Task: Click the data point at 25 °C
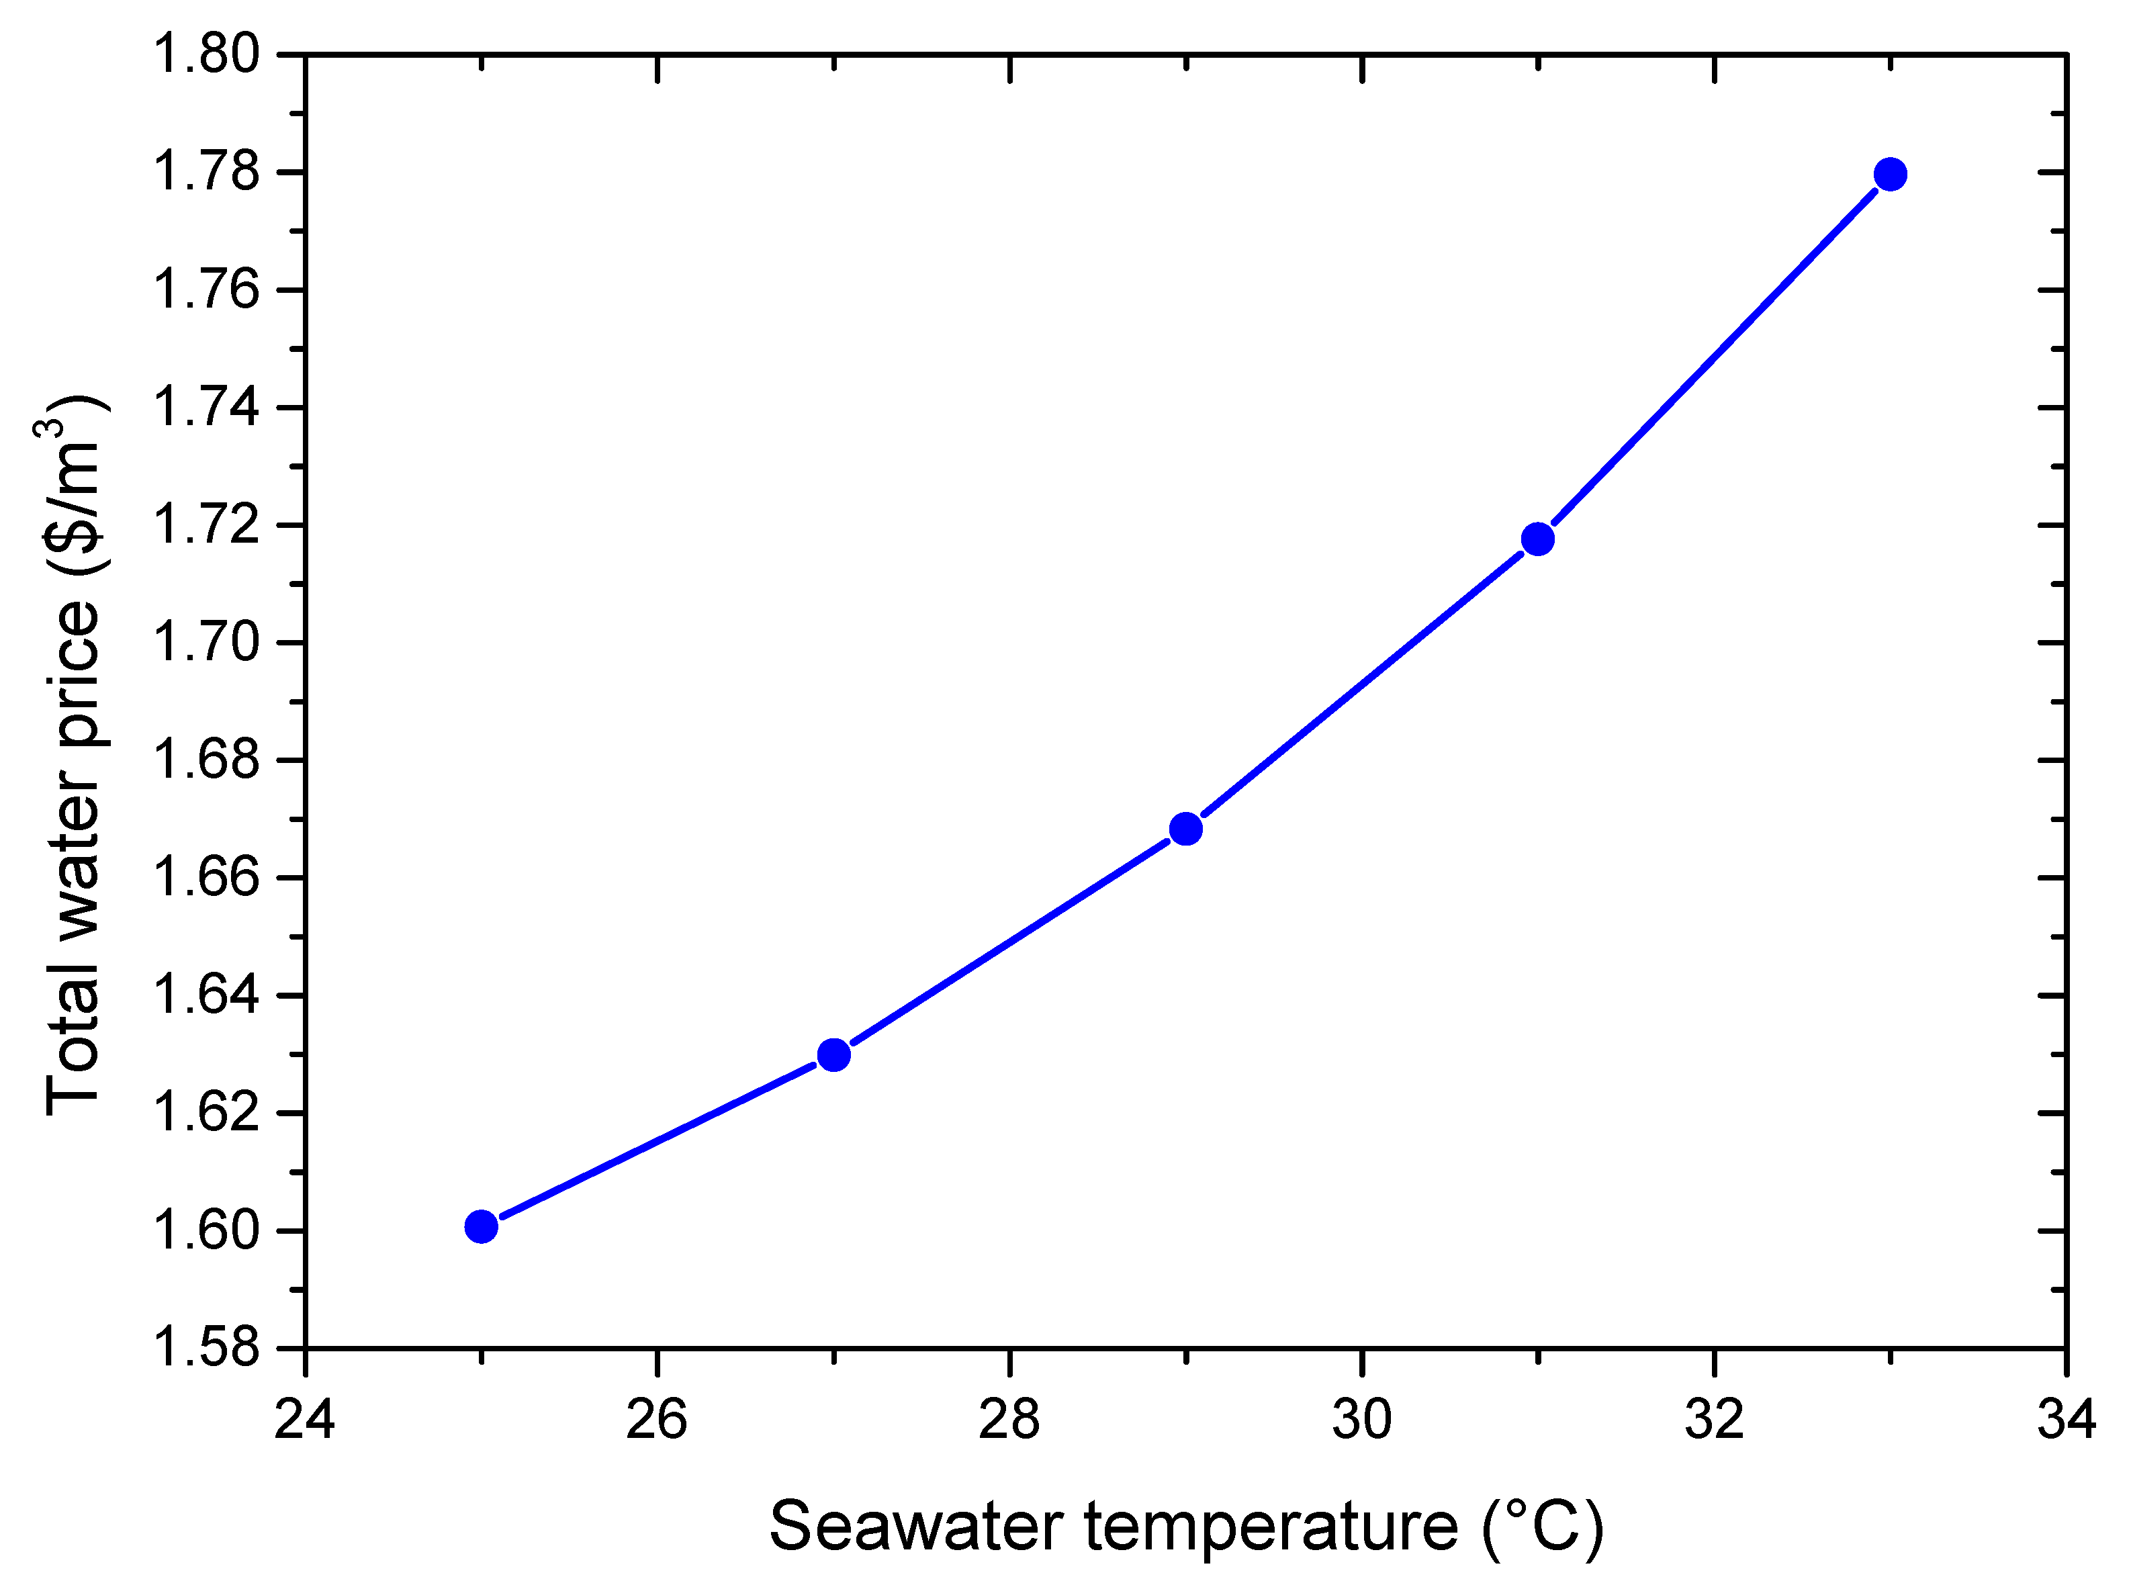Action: pyautogui.click(x=481, y=1226)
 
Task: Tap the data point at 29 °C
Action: pyautogui.click(x=1186, y=829)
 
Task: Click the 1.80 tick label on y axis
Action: pyautogui.click(x=207, y=54)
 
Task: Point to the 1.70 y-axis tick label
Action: pyautogui.click(x=207, y=642)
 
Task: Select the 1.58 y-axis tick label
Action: pyautogui.click(x=207, y=1347)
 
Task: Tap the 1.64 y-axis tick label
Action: pyautogui.click(x=207, y=995)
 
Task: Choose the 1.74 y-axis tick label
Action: pyautogui.click(x=207, y=407)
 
